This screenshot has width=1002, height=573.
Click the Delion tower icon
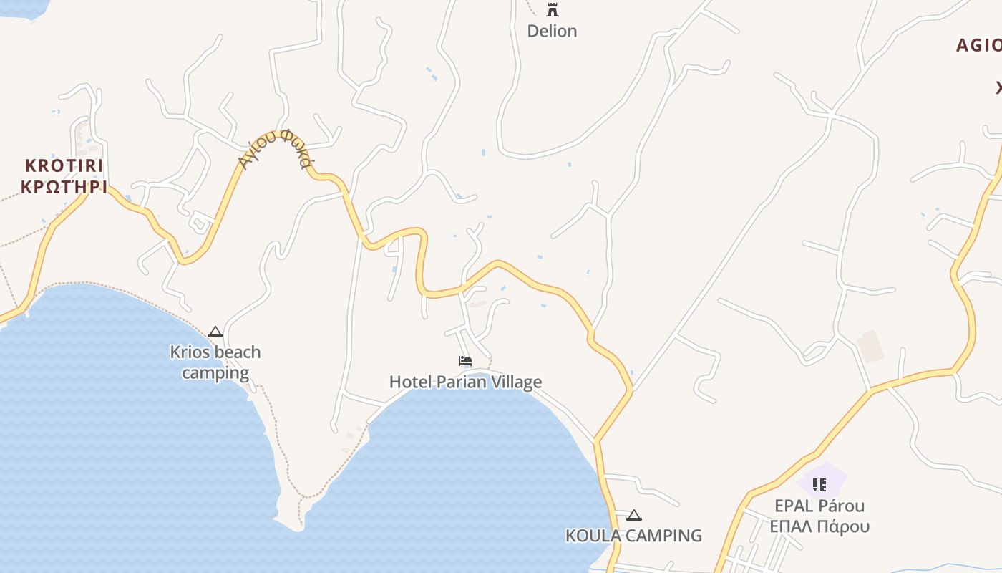coord(552,10)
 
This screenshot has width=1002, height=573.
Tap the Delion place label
coord(552,31)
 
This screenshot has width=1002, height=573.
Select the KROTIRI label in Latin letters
coord(64,166)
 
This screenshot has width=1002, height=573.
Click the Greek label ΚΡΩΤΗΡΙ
coord(64,188)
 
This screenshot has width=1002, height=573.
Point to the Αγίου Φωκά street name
coord(276,149)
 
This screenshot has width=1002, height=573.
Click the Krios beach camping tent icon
coord(215,332)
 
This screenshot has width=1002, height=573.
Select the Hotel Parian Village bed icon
coord(465,361)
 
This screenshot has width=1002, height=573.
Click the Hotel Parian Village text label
coord(465,382)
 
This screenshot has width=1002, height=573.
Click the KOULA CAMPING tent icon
coord(633,515)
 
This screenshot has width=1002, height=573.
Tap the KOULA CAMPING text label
coord(633,536)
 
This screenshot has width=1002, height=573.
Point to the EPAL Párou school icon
coord(819,485)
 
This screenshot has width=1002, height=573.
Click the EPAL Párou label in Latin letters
coord(819,506)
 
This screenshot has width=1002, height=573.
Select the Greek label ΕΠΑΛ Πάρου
coord(819,527)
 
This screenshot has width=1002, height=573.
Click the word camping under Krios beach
coord(215,373)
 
